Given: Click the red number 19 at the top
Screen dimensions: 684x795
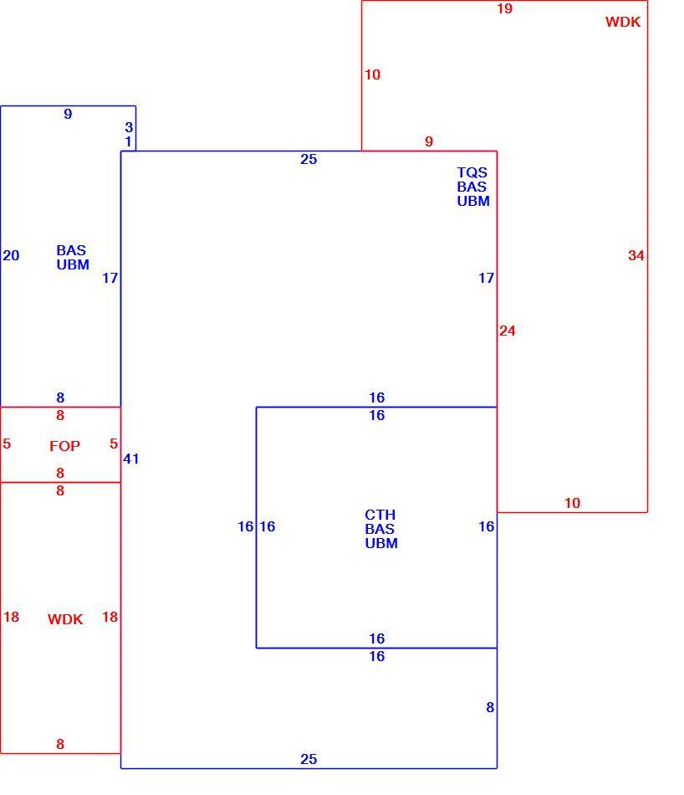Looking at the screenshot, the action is pos(505,8).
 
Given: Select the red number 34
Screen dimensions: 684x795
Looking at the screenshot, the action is pos(636,255).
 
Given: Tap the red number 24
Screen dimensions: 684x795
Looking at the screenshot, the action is pos(508,331).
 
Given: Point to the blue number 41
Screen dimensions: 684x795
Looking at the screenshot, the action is pos(130,459).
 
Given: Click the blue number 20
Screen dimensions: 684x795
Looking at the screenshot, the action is pos(11,255).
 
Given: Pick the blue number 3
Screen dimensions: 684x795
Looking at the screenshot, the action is pos(129,127).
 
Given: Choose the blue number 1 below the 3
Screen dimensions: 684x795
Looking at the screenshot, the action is pos(128,141).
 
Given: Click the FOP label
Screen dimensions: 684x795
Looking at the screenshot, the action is pos(65,446).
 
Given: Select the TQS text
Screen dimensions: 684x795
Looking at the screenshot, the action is pos(472,172).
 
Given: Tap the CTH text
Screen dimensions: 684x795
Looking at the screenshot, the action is pos(380,515).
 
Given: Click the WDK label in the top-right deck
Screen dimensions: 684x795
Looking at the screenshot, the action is pos(623,22).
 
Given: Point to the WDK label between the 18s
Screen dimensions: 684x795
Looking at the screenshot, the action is pos(65,619).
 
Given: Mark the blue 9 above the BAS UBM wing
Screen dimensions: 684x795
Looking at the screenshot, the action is pos(68,114).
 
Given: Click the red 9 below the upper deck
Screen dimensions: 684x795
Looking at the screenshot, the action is pos(429,141).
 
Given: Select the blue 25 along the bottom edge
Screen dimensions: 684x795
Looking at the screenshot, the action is pos(309,759).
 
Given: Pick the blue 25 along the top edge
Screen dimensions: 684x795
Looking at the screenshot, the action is pos(309,159).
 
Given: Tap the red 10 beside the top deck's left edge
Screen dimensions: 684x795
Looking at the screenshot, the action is pos(372,74).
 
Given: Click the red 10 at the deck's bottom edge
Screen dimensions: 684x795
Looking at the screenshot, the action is pos(572,503).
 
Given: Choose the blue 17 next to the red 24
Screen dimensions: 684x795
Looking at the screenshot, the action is pos(487,278).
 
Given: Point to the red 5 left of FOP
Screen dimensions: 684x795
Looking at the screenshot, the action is pos(7,444).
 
